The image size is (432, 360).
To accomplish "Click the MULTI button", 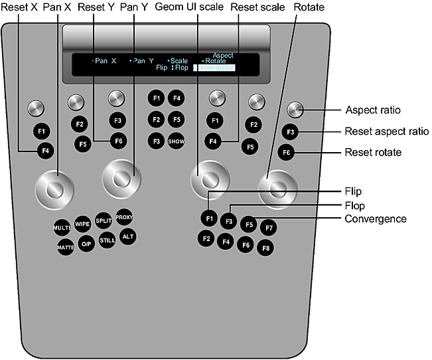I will point(62,228).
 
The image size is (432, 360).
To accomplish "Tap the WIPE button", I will point(83,223).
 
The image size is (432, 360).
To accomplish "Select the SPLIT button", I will point(104,221).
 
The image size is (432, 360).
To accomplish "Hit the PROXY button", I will point(124,217).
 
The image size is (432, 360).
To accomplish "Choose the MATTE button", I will point(66,247).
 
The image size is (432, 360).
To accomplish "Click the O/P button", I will point(86,244).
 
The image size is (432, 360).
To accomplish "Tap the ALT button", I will point(128,236).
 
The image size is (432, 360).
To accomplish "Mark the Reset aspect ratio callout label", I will point(387,131).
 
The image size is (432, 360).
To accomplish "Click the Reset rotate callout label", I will point(372,152).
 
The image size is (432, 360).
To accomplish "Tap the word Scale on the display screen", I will point(179,60).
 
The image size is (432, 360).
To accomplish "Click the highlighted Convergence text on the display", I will point(216,68).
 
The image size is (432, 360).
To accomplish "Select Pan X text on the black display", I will point(106,60).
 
